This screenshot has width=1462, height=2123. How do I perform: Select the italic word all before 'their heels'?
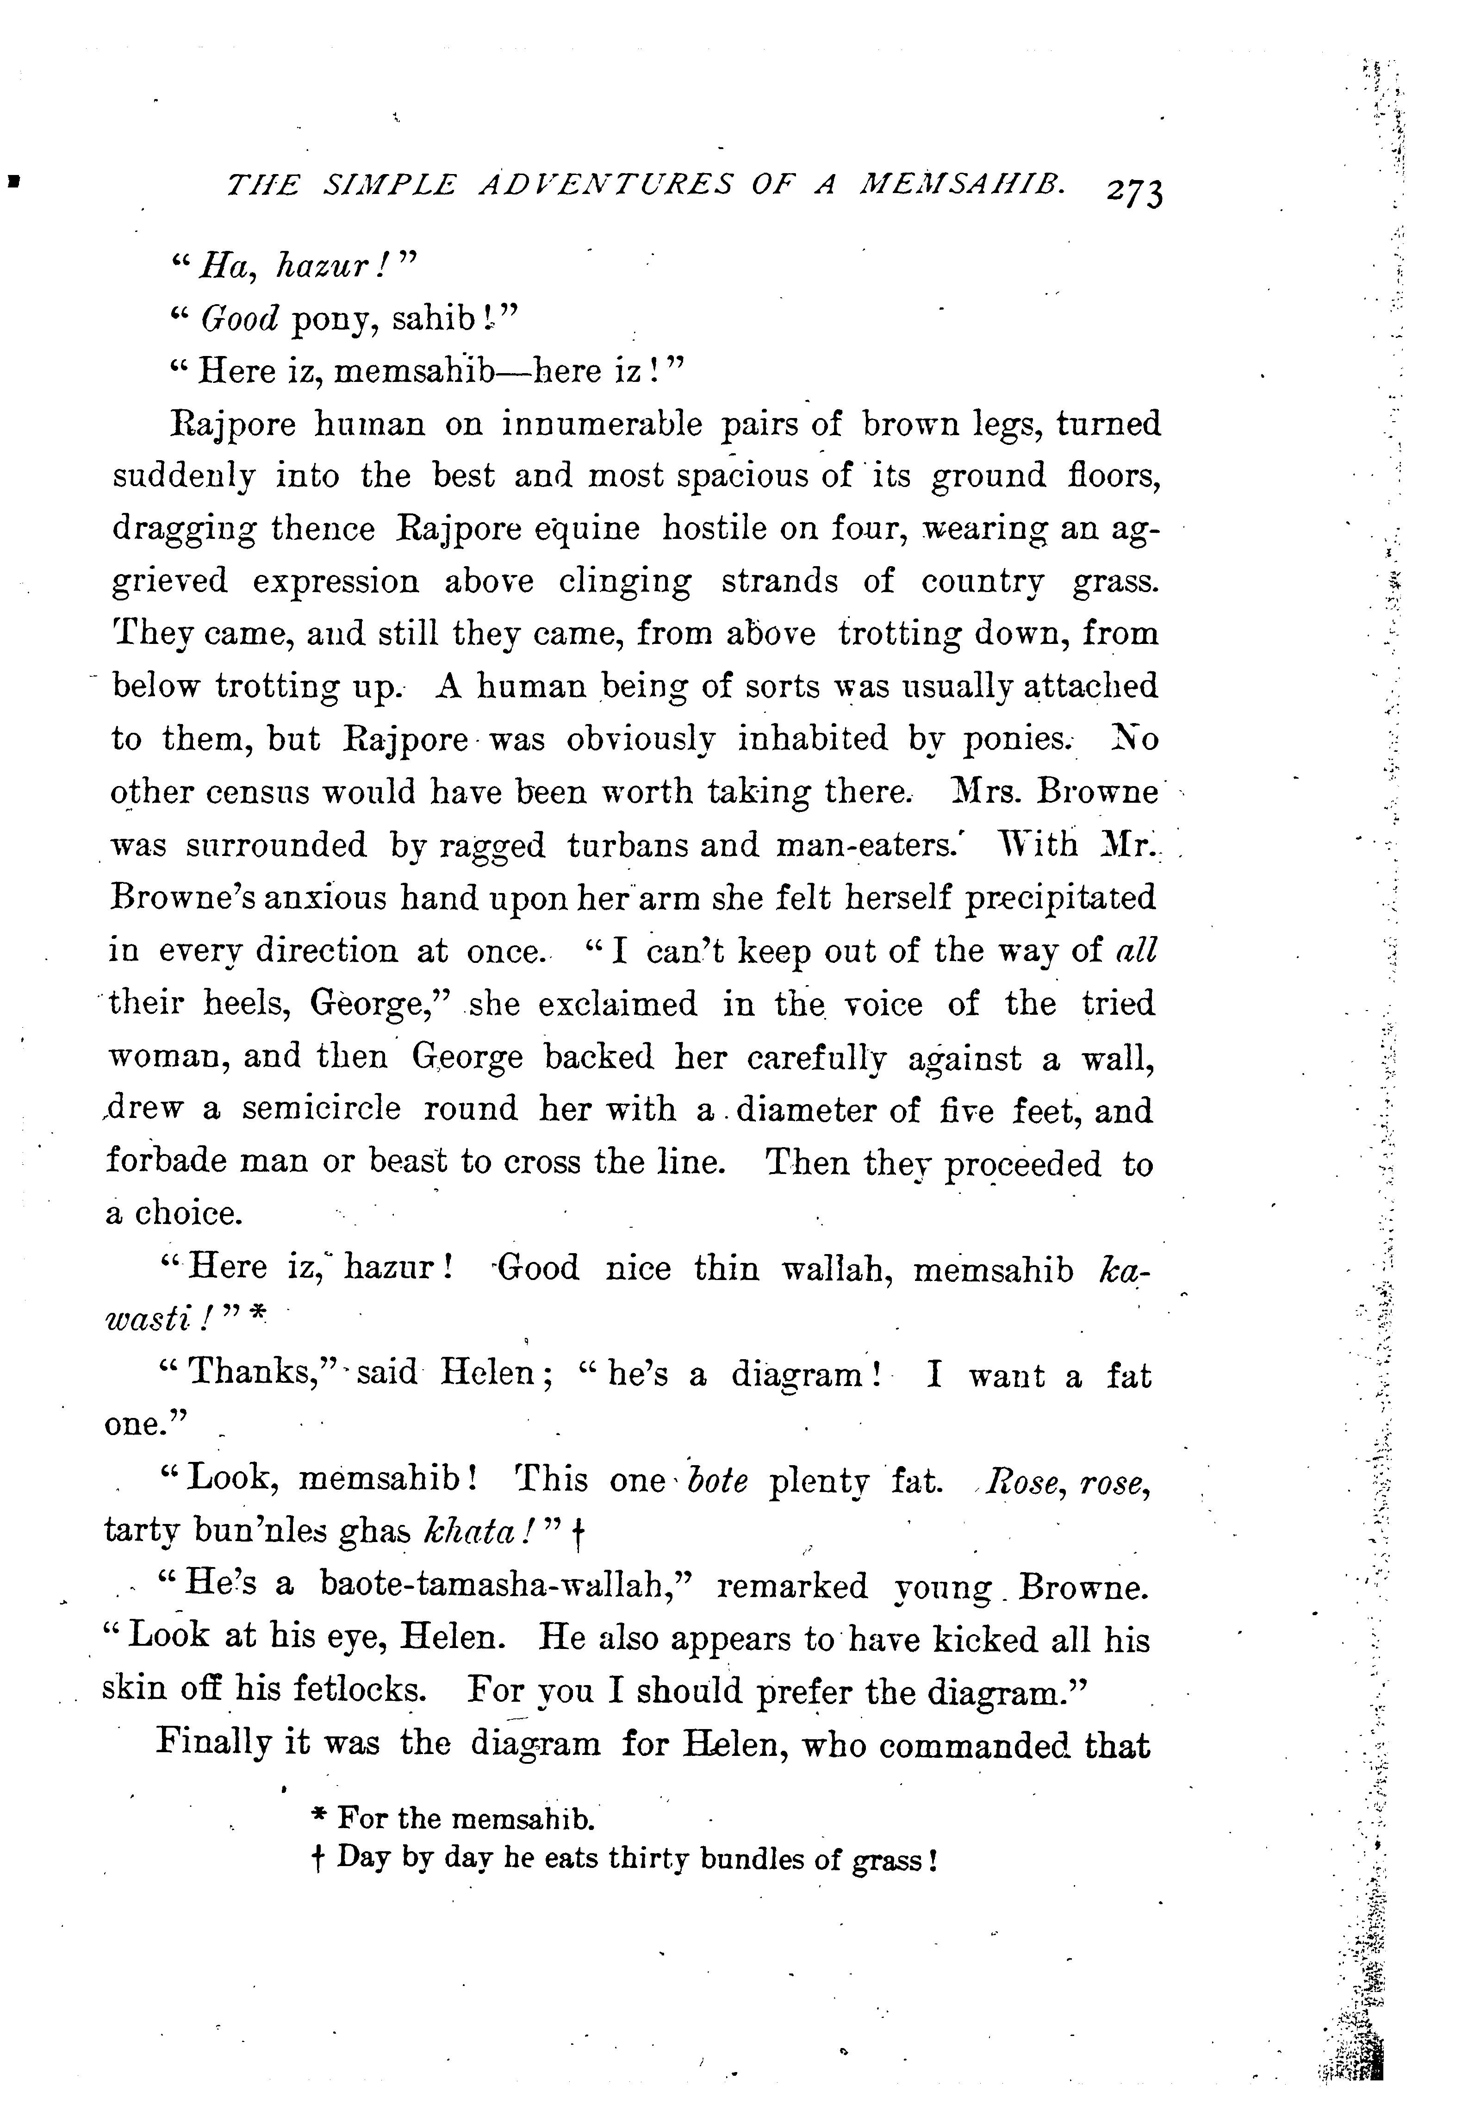pyautogui.click(x=1136, y=950)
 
